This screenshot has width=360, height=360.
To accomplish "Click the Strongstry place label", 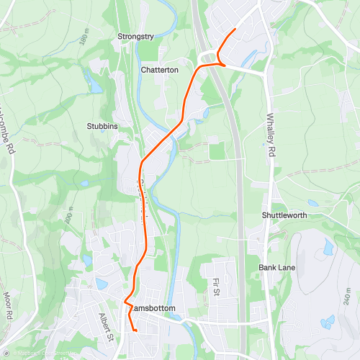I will click(x=137, y=35).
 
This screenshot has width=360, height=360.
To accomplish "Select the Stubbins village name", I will click(x=102, y=126).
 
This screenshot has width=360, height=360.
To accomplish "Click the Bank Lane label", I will click(x=276, y=268).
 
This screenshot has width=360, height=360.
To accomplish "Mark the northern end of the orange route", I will click(x=236, y=29).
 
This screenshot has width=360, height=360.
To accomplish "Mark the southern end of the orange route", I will click(x=135, y=330).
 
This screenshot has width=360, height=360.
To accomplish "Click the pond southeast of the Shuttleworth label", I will click(x=328, y=249).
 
